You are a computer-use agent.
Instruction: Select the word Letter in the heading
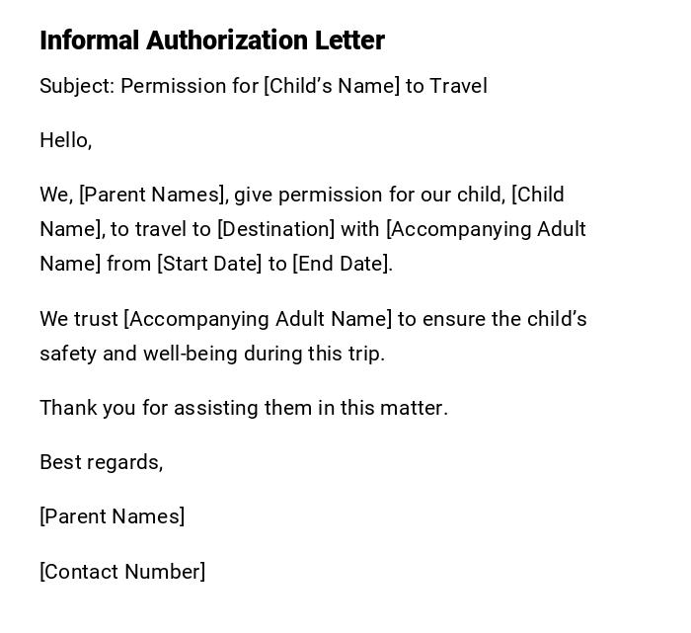349,40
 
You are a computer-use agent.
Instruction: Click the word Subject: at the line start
77,86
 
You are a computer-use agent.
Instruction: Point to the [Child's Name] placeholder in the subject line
332,86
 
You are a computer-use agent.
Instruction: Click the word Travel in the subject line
458,86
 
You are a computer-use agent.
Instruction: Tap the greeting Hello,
65,140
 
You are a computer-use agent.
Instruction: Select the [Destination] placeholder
275,229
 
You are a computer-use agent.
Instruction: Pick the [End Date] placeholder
342,264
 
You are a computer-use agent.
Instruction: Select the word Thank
65,408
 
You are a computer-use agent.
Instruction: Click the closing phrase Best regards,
101,462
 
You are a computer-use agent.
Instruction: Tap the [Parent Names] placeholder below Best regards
112,516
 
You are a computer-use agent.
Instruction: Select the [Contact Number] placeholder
122,572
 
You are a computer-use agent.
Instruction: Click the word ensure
452,319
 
